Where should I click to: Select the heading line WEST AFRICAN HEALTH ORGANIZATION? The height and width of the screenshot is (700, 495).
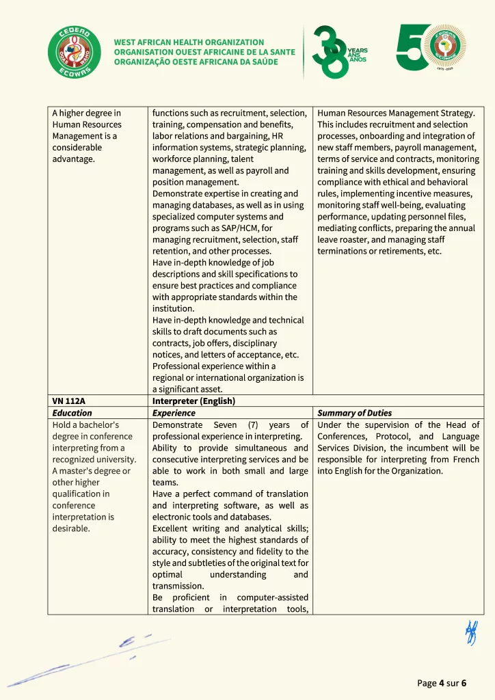point(189,42)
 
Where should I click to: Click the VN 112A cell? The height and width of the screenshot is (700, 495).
point(68,401)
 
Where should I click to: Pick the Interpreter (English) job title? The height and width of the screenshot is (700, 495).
point(193,401)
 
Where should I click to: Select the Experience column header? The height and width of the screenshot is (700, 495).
point(174,413)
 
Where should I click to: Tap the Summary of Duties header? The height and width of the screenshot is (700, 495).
point(354,413)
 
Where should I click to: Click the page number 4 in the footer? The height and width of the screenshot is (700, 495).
point(442,683)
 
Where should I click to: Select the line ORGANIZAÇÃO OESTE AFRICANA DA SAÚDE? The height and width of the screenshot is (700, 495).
point(196,62)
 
